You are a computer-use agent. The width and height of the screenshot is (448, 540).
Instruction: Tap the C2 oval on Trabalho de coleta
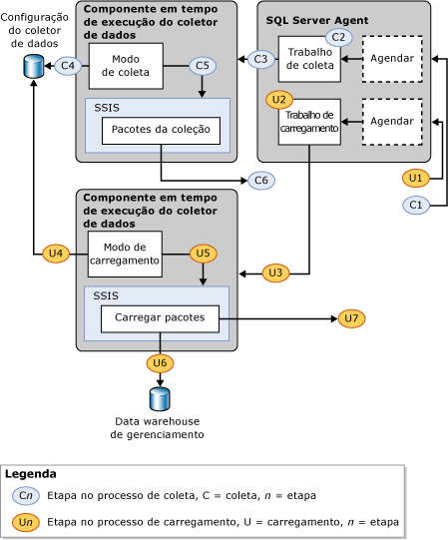click(338, 37)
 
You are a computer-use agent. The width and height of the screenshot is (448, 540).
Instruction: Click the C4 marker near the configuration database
click(66, 66)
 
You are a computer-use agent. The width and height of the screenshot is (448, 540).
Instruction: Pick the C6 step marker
click(262, 180)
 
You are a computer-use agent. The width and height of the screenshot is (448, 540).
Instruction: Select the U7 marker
click(350, 318)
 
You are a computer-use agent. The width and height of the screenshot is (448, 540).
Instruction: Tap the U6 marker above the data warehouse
click(160, 362)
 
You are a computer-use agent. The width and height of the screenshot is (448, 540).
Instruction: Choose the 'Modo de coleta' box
click(125, 66)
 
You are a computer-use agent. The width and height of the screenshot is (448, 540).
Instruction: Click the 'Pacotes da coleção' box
click(160, 131)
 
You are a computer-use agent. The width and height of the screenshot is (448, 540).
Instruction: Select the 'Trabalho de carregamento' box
click(309, 122)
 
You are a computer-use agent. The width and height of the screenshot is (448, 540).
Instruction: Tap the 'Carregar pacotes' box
click(160, 318)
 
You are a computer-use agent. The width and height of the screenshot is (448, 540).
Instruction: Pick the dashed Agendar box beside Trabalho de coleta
click(391, 59)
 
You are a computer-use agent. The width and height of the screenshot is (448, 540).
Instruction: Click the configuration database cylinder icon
click(34, 67)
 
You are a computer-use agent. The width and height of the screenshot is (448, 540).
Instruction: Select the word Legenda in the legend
click(31, 474)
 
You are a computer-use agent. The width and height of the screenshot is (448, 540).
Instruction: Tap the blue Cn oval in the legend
click(26, 496)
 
